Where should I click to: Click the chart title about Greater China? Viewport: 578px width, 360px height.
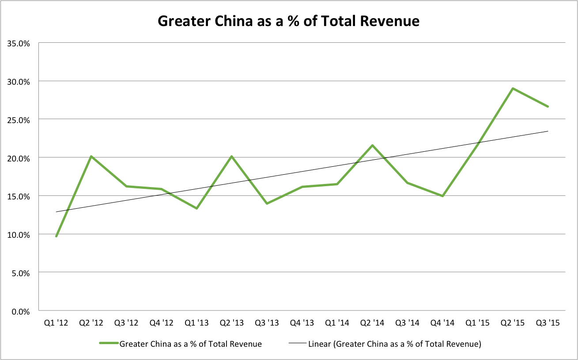point(289,21)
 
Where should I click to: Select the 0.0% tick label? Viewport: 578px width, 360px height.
point(20,311)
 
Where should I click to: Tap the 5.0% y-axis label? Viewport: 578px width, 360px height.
point(20,273)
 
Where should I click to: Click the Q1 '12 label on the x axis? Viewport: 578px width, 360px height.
point(56,323)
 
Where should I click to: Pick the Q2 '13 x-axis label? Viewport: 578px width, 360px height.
point(231,323)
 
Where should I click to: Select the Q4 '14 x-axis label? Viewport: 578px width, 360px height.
point(442,323)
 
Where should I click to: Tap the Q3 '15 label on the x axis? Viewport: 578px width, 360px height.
point(548,323)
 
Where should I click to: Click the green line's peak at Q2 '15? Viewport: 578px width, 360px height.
point(513,88)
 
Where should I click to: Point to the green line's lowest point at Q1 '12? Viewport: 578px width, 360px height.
point(57,236)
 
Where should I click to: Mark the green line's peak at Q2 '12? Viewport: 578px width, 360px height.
point(91,156)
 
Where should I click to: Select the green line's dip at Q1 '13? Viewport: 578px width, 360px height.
point(196,208)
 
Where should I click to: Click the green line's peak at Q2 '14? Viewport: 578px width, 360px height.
point(373,145)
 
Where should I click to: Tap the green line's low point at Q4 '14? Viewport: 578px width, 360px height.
point(442,196)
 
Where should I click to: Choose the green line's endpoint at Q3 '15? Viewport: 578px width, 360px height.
point(548,106)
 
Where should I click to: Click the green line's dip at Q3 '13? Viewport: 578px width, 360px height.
point(267,203)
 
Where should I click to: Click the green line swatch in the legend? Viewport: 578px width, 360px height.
point(109,344)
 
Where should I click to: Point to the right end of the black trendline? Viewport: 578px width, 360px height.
point(548,131)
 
